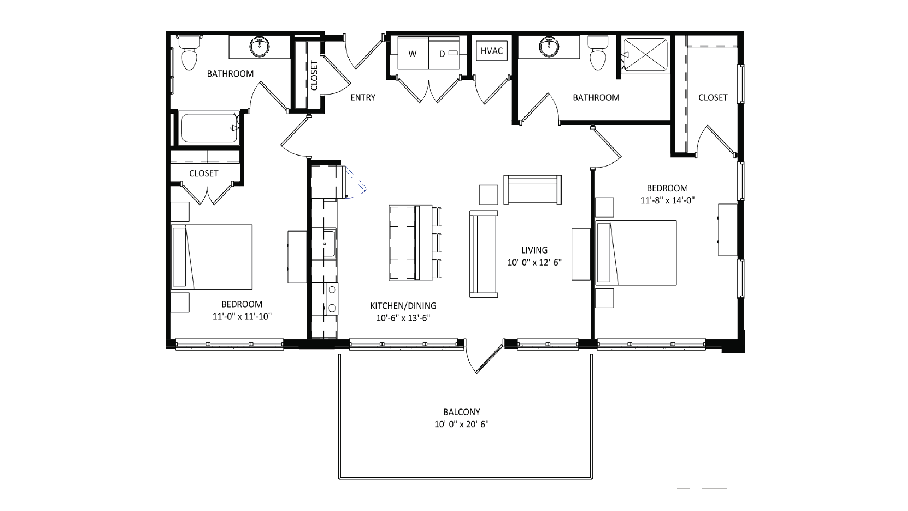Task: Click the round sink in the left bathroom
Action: point(260,47)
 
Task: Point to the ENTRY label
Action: point(363,98)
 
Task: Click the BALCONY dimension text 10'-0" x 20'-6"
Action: point(461,424)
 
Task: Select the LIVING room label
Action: point(534,250)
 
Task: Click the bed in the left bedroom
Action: point(211,257)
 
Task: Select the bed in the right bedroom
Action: point(636,253)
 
